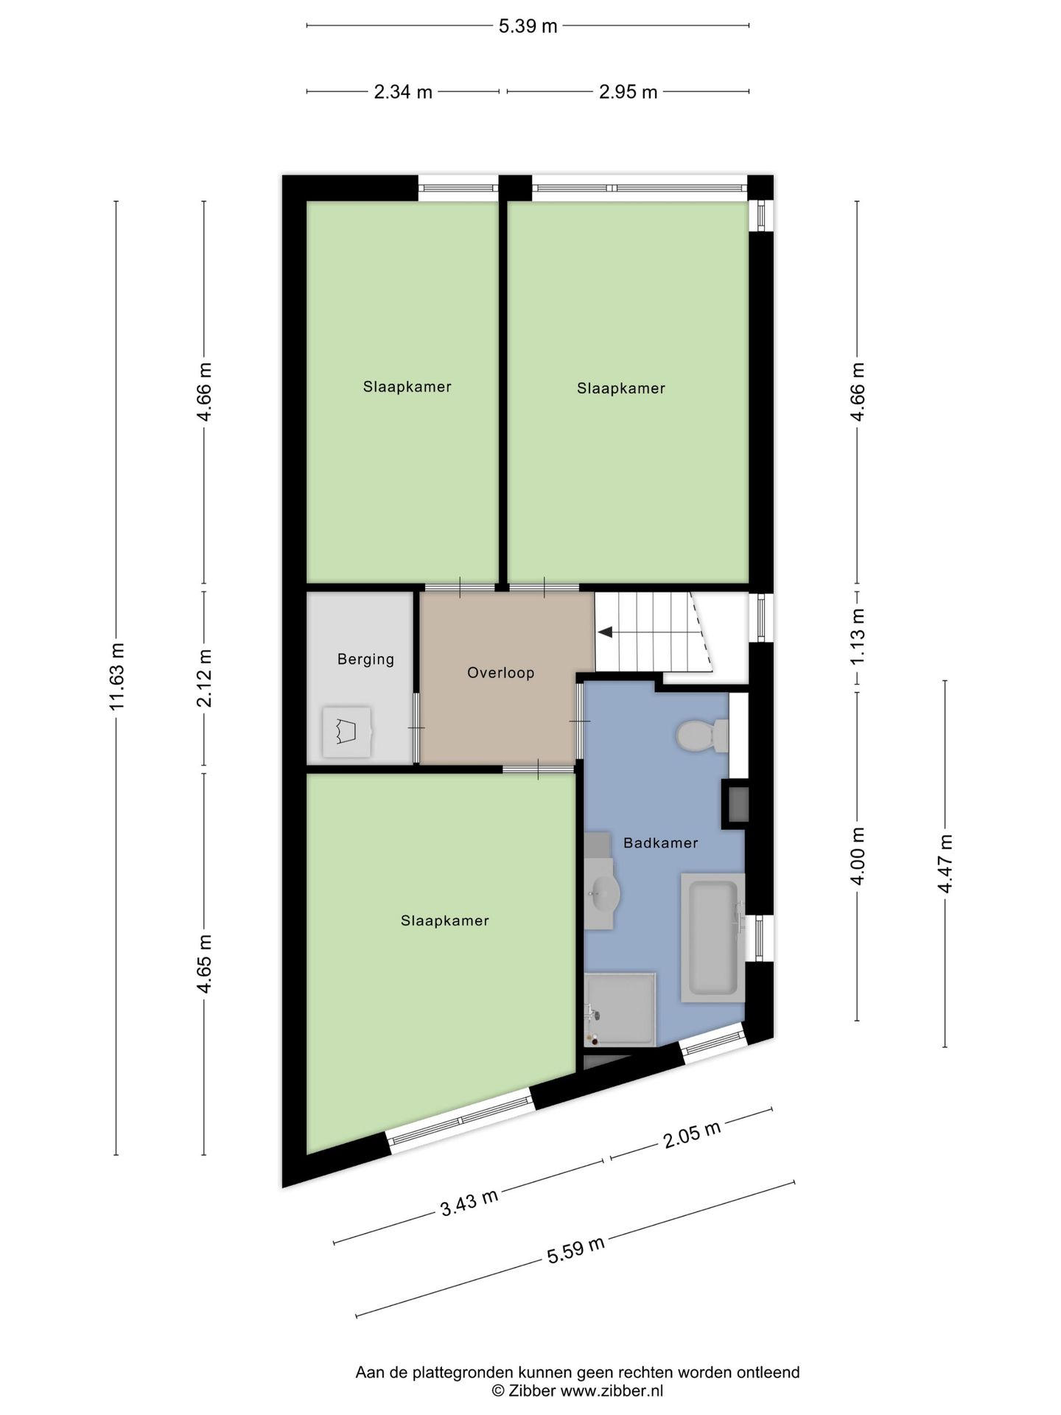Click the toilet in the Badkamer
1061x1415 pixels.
698,736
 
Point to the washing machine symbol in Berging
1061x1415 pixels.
346,732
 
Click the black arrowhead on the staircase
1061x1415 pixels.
605,632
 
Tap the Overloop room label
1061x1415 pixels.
500,672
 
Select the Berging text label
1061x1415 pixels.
365,659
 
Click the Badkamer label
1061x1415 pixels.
660,842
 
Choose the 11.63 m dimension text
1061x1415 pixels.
116,676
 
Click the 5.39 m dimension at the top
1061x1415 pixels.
528,27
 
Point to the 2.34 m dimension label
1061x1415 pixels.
403,92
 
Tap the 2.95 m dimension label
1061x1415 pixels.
628,92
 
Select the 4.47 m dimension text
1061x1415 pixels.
945,863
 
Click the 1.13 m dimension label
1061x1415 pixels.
857,637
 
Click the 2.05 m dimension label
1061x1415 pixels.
691,1135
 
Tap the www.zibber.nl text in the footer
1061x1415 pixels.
612,1391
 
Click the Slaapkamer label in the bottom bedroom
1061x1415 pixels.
444,920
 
